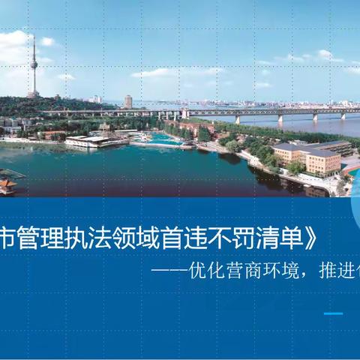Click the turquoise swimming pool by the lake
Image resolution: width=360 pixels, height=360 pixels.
pos(160,138)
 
